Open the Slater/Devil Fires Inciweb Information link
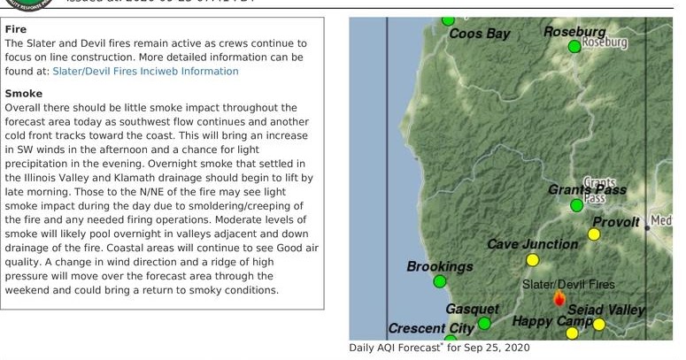tap(145, 71)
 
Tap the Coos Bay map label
tap(480, 34)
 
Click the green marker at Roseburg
tap(574, 46)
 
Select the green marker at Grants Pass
tap(576, 205)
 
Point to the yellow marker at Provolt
tap(594, 234)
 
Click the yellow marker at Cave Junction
tap(532, 260)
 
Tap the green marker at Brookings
tap(440, 282)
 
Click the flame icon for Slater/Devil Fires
tap(559, 298)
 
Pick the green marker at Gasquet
tap(484, 324)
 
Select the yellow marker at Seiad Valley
tap(599, 325)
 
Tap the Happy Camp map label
tap(552, 320)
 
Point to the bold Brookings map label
tap(439, 266)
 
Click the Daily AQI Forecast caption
tap(439, 349)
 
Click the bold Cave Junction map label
tap(532, 244)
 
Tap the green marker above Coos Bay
tap(448, 19)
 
